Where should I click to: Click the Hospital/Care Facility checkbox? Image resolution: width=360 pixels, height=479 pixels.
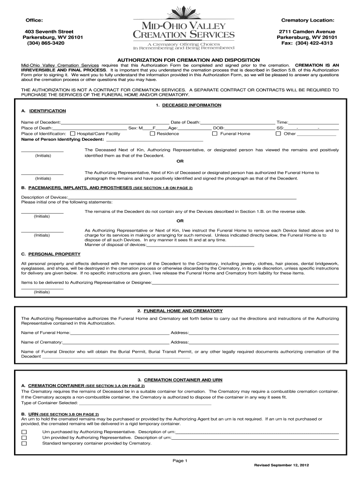(x=72, y=134)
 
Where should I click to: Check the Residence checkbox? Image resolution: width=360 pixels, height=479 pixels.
(x=152, y=134)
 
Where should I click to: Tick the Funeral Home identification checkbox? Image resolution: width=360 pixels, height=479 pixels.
(x=215, y=134)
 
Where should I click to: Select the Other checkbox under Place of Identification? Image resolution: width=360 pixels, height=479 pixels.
(x=278, y=134)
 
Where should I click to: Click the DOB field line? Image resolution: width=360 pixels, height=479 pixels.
(x=250, y=128)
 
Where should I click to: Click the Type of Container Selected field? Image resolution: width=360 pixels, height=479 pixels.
(x=145, y=403)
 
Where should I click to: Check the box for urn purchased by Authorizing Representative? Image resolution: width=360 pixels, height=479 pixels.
(x=24, y=432)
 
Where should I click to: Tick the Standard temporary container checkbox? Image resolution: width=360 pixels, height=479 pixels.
(x=24, y=443)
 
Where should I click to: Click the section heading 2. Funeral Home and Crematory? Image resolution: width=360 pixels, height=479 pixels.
(x=180, y=311)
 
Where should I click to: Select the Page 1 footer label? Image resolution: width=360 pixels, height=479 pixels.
(x=180, y=461)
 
